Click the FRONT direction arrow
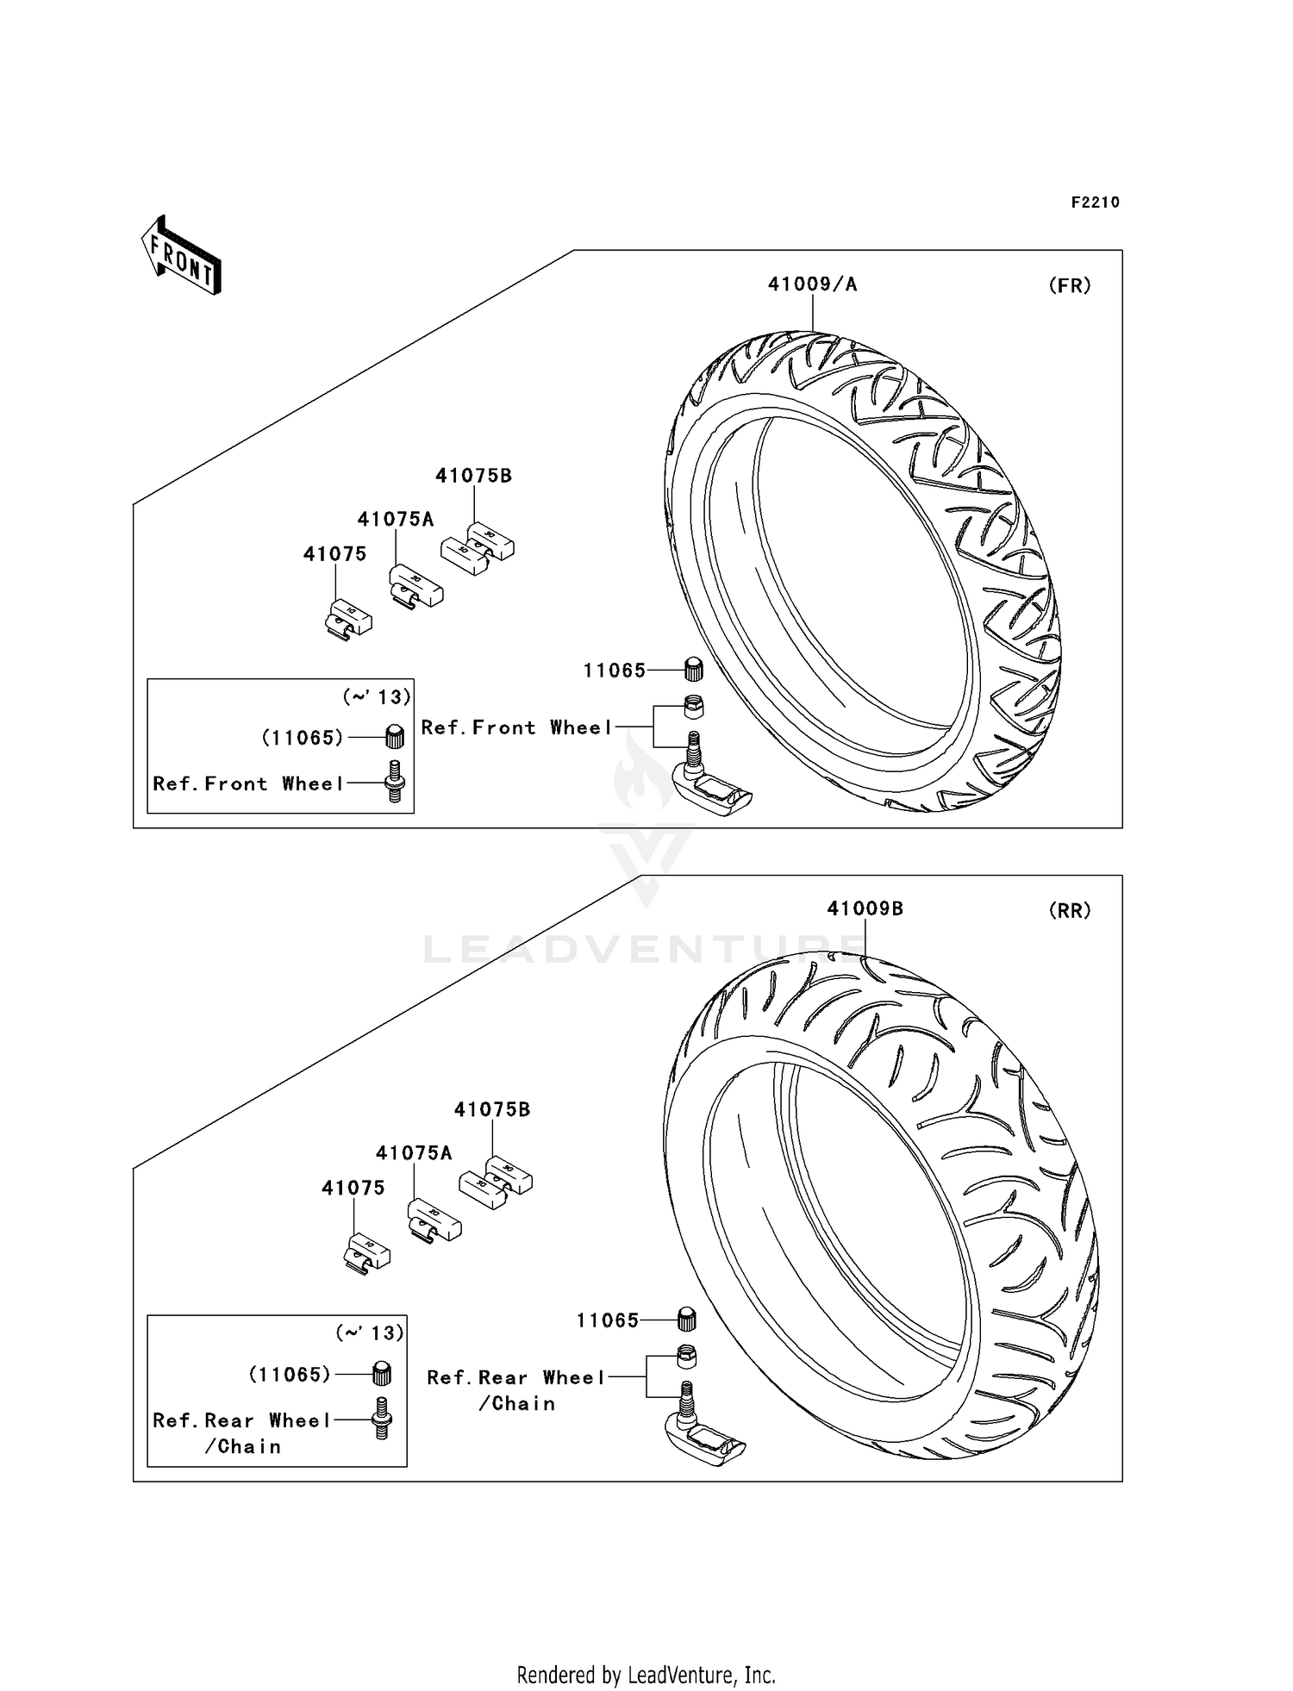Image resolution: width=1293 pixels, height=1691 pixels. pos(181,257)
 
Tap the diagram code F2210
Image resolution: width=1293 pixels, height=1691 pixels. pos(1095,203)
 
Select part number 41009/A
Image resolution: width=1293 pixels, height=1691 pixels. pos(812,284)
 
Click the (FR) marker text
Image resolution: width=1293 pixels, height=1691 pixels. pos(1070,285)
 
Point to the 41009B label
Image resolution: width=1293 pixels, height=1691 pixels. pos(865,908)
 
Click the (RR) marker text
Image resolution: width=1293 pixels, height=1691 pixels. pos(1070,910)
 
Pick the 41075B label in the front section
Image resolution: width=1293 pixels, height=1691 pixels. pos(473,476)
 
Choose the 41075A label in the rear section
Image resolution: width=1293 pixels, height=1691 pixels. pos(414,1153)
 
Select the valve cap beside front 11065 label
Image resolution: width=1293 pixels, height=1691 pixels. pos(693,668)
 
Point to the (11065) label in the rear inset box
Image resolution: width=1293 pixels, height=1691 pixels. pos(290,1375)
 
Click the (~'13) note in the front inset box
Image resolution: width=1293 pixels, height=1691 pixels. pos(377,696)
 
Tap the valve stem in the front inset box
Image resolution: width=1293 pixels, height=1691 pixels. pos(395,782)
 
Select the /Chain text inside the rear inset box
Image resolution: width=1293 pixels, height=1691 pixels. pos(243,1447)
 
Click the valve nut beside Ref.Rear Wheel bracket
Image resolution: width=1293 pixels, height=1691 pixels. pos(685,1357)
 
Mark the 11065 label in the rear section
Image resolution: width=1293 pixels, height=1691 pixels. pos(608,1320)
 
